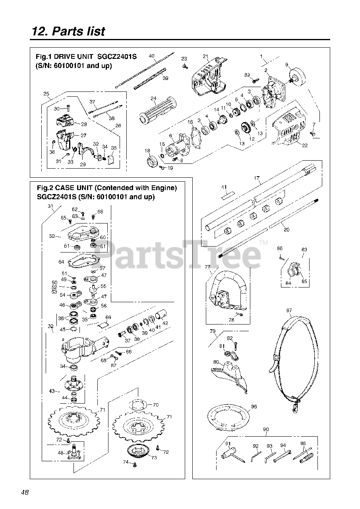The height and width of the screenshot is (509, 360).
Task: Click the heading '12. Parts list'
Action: (x=68, y=31)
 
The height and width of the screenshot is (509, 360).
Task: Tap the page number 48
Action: (x=25, y=492)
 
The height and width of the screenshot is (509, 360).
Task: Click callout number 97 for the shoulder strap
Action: (x=289, y=310)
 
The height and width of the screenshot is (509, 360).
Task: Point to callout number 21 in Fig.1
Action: (x=205, y=56)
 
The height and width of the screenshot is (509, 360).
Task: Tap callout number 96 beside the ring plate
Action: (x=254, y=407)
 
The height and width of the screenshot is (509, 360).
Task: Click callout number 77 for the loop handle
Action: (x=207, y=267)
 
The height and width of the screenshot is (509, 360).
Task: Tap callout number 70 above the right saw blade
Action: (x=155, y=405)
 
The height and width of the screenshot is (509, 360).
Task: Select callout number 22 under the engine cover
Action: (x=305, y=145)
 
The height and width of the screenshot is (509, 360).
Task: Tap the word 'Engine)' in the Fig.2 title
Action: (x=164, y=188)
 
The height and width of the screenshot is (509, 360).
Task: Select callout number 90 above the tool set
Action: (x=266, y=429)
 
